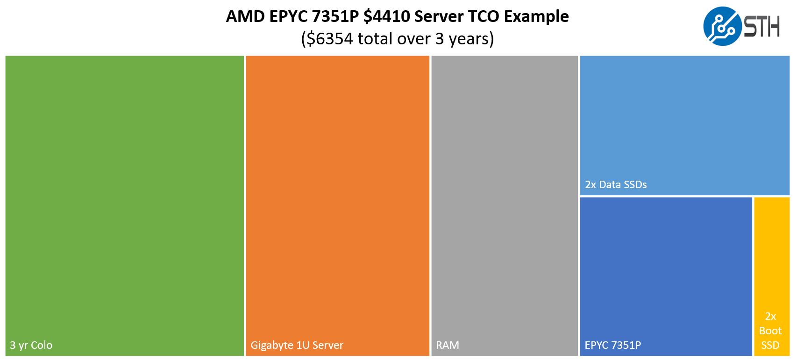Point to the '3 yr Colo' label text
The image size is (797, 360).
(x=31, y=346)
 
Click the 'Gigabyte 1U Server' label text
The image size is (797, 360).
(x=297, y=346)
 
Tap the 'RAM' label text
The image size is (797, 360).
(x=448, y=346)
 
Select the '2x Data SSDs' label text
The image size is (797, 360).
(x=616, y=184)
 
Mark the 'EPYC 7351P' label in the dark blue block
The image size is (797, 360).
(x=612, y=346)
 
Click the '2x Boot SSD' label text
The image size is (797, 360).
(x=770, y=331)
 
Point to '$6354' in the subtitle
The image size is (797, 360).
(x=330, y=39)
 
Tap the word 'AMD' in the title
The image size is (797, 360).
(x=245, y=17)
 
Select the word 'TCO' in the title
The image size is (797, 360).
(x=483, y=17)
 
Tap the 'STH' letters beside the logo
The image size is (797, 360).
(x=762, y=27)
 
